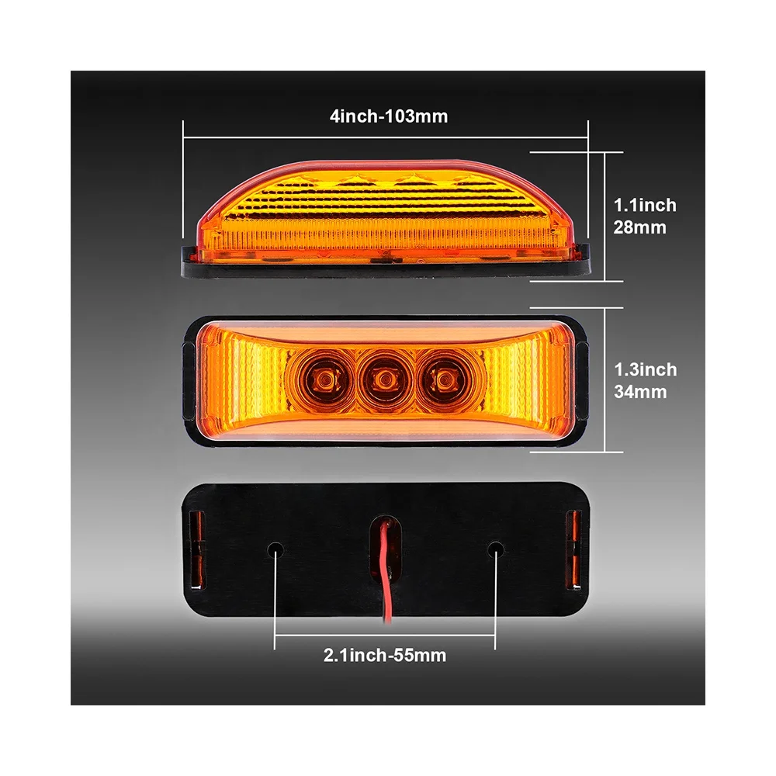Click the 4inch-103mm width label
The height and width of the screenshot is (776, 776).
click(x=388, y=116)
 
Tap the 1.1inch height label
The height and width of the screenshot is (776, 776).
click(x=645, y=206)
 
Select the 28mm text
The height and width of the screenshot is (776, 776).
click(x=640, y=228)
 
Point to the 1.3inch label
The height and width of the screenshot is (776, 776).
click(x=645, y=370)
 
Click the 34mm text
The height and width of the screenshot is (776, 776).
click(x=640, y=393)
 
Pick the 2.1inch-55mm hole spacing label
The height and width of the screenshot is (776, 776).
click(x=385, y=656)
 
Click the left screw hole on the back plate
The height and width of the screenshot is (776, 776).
click(x=276, y=550)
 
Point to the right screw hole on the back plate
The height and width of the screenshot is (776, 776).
click(x=494, y=550)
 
